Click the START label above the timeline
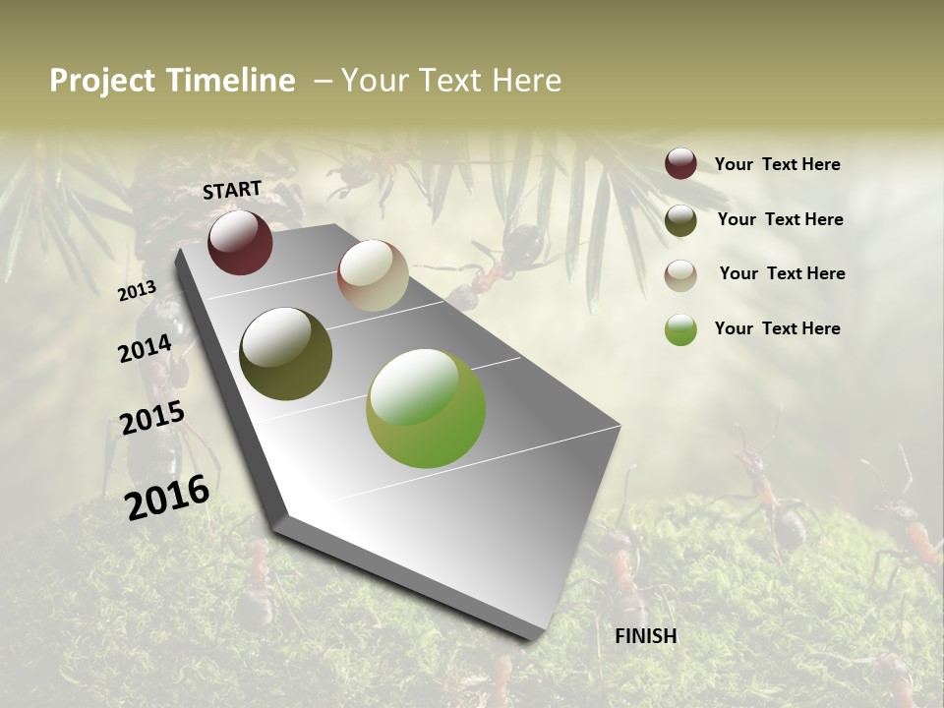[x=232, y=190]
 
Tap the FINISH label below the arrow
[x=646, y=636]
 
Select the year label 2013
[x=137, y=291]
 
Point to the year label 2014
[x=145, y=348]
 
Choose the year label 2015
[x=152, y=419]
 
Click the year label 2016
[x=168, y=497]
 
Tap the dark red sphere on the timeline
[x=240, y=243]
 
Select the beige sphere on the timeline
[x=373, y=275]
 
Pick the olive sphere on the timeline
[x=285, y=354]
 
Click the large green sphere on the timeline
[x=426, y=408]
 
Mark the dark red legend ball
[x=680, y=164]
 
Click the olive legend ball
[x=680, y=220]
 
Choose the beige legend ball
[x=680, y=275]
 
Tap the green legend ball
[x=680, y=329]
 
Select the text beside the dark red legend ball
[x=777, y=164]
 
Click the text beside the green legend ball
[x=777, y=328]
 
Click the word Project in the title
[x=102, y=81]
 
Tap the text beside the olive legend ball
[x=781, y=219]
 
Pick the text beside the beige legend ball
[x=782, y=273]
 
